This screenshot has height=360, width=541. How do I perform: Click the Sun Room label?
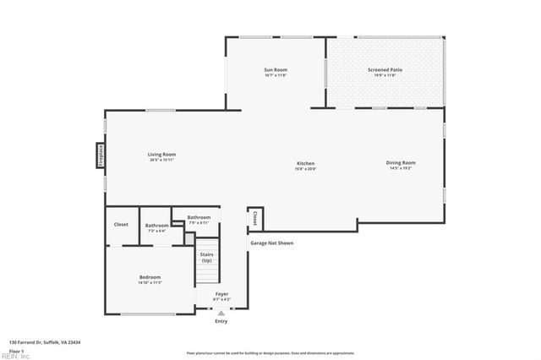click(276, 69)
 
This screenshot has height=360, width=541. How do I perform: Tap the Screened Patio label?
click(382, 69)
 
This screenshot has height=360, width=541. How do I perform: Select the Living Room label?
click(161, 155)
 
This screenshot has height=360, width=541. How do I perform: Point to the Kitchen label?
click(305, 163)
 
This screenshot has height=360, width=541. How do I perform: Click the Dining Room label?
click(401, 163)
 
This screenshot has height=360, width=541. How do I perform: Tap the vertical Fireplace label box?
click(99, 157)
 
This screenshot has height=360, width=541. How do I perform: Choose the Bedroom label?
click(150, 277)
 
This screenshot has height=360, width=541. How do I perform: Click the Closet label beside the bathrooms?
click(121, 224)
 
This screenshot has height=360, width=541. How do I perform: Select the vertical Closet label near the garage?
click(254, 219)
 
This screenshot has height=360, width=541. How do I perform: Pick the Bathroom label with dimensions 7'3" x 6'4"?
click(156, 226)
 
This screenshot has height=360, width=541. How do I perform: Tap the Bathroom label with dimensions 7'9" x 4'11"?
click(199, 218)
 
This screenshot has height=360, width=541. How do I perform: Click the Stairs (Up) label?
click(206, 257)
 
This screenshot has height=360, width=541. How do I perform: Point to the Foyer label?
click(221, 295)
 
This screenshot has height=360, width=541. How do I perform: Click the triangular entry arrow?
click(221, 313)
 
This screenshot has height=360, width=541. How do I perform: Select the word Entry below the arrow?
click(221, 321)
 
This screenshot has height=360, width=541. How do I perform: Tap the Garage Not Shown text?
click(271, 243)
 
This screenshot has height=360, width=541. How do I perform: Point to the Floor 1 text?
click(17, 351)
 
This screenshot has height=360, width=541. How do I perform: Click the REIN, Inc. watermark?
click(15, 356)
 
